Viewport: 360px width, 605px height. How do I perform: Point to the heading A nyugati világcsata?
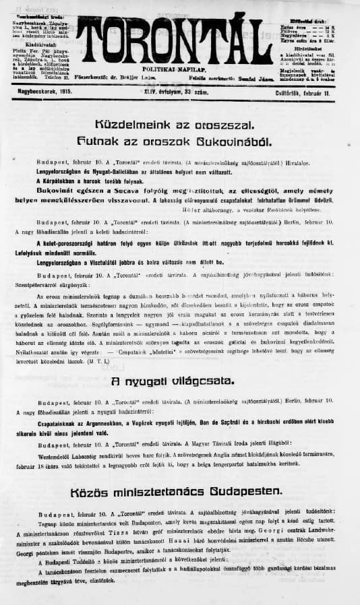(183, 381)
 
